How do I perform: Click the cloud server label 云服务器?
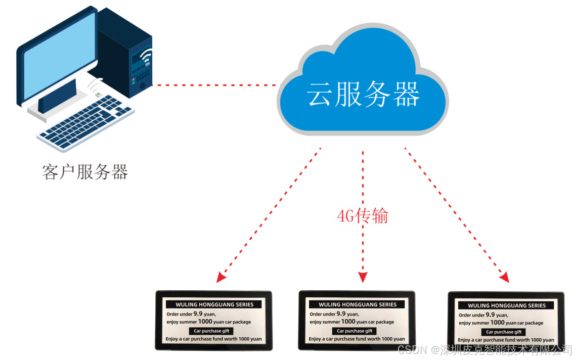[363, 95]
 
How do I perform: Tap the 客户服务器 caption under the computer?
[85, 172]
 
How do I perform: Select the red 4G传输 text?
[362, 216]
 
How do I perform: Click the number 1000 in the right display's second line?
[498, 323]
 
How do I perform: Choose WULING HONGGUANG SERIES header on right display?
[507, 305]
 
